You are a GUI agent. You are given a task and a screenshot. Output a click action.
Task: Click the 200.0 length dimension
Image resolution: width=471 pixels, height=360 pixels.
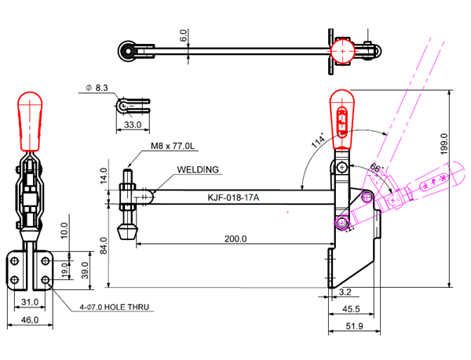235,238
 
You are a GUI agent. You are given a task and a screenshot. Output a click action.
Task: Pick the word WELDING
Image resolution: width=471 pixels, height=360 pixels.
199,169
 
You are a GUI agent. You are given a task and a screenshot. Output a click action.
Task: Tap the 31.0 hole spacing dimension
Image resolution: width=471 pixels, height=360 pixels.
29,302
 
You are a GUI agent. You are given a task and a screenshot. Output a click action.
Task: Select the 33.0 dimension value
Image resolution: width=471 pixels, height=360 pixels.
133,125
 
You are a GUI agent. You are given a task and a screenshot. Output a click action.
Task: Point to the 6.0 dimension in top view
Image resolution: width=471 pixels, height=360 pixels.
183,36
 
